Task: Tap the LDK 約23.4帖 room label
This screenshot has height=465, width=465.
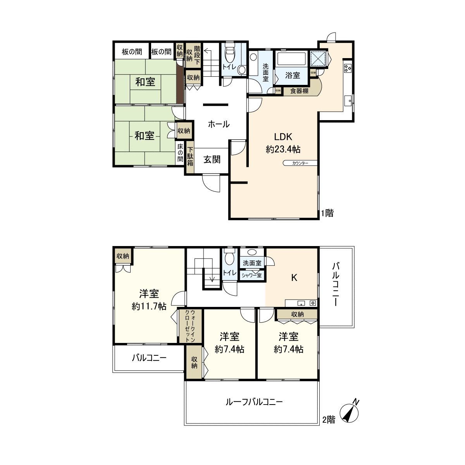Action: (283, 143)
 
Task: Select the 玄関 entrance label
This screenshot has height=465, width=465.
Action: (212, 159)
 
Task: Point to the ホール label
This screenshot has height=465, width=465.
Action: (219, 124)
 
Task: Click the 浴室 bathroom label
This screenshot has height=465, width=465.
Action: (293, 76)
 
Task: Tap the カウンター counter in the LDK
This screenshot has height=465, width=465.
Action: (300, 163)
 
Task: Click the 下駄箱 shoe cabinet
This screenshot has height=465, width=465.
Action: (190, 157)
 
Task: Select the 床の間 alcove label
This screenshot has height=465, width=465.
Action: (180, 153)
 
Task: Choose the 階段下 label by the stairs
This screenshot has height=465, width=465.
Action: (197, 55)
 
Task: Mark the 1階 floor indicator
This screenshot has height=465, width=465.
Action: (327, 213)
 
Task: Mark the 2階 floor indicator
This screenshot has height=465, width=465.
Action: (329, 420)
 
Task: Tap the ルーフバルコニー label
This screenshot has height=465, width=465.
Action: (254, 402)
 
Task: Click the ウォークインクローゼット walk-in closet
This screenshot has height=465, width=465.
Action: (190, 325)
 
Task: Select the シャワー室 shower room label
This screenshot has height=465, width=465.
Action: (251, 276)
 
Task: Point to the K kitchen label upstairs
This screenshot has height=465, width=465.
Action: (294, 277)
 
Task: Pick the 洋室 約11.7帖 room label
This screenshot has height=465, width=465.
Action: (149, 300)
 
